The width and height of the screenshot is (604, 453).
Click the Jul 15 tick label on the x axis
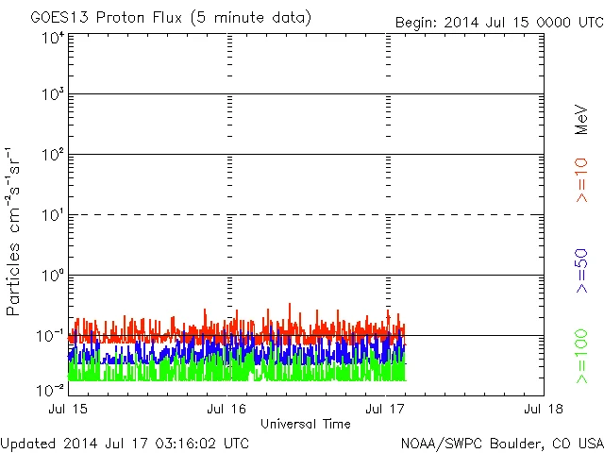68,409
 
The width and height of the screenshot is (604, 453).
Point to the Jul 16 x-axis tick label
226,409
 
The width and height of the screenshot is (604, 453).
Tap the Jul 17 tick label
385,409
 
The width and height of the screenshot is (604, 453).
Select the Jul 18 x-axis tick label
544,409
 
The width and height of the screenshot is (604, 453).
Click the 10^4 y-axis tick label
53,37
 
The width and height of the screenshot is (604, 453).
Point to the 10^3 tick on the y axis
53,95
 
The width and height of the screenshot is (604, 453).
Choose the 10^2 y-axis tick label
53,156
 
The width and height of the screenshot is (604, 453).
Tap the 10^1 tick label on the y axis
53,216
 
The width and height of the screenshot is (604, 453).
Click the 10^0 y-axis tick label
53,277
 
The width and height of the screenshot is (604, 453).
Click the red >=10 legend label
581,179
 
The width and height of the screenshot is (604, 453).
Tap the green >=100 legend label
581,357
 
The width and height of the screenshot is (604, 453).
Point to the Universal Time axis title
306,424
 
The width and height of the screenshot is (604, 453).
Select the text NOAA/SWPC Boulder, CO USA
501,443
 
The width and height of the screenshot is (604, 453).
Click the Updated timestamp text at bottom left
126,443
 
